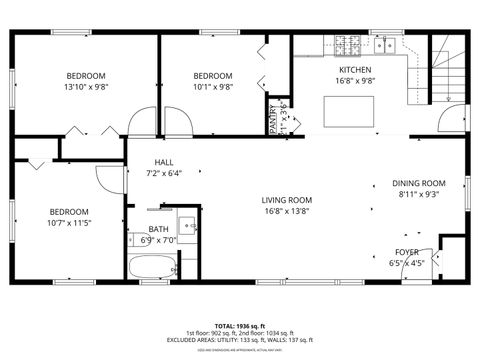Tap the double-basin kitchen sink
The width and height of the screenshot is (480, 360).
[385, 44]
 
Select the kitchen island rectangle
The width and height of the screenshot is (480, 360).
[351, 111]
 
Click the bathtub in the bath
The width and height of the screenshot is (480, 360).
[151, 267]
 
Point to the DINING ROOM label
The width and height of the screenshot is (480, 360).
[418, 183]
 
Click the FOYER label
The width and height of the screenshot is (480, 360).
[406, 252]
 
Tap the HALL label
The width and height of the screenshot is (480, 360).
[165, 162]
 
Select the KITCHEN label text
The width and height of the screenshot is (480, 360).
[354, 69]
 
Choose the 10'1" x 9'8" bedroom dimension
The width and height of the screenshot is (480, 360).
[212, 87]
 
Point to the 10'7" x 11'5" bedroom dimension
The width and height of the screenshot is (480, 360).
[70, 222]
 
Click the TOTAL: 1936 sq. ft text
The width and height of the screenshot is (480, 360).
[239, 325]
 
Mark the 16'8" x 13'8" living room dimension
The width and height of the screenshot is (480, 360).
[287, 211]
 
